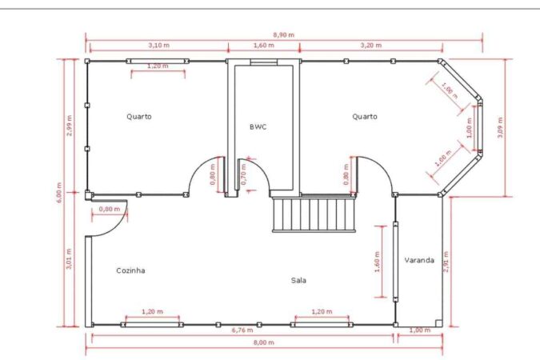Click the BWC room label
[x=258, y=126]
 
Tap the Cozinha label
[x=130, y=270]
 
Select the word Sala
[x=298, y=281]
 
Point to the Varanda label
[x=419, y=260]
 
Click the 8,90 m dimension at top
[x=284, y=34]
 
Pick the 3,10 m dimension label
[x=158, y=45]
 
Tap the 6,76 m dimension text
[x=242, y=330]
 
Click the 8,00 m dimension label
[x=264, y=342]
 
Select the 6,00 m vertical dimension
[x=59, y=193]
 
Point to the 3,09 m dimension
[x=500, y=127]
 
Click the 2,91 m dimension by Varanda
[x=446, y=262]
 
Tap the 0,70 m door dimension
[x=243, y=174]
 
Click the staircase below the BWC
[x=314, y=214]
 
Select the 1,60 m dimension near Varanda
[x=377, y=262]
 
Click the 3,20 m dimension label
[x=371, y=45]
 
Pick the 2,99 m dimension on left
[x=70, y=126]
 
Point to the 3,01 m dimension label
[x=69, y=258]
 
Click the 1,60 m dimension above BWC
[x=264, y=45]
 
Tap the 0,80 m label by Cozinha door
[x=109, y=209]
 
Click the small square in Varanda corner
[x=438, y=322]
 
